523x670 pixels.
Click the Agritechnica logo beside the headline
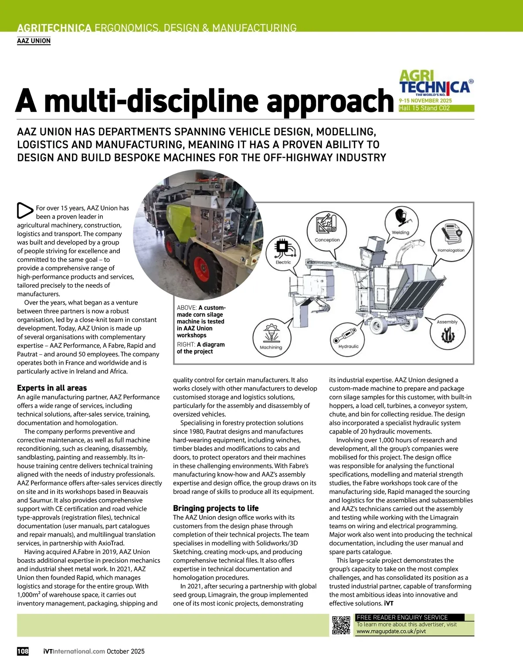click(436, 83)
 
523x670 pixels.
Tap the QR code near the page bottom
click(341, 625)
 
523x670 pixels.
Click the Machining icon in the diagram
click(272, 334)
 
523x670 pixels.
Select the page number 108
click(23, 651)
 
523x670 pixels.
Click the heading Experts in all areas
click(52, 388)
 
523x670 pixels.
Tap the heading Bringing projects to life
click(216, 508)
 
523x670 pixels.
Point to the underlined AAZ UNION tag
click(34, 41)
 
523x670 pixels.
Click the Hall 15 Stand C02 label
click(425, 108)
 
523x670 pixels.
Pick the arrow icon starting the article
click(25, 211)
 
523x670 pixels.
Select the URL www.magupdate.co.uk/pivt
click(391, 631)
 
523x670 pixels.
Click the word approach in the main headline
click(330, 101)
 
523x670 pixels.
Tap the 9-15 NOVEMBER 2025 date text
click(425, 101)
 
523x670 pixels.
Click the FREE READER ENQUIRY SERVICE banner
click(402, 617)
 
